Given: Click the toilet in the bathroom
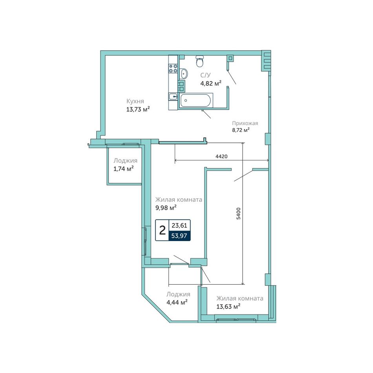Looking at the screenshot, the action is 200,61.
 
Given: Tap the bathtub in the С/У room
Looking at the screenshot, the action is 195,101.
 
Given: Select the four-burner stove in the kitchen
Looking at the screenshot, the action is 173,68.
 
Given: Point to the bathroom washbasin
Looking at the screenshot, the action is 183,73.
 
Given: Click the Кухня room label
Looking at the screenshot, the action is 135,101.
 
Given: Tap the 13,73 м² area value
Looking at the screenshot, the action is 138,110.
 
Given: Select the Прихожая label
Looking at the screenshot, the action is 245,123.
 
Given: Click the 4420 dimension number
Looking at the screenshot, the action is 221,156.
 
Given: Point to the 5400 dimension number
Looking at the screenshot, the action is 239,213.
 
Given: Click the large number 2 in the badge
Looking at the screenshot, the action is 162,230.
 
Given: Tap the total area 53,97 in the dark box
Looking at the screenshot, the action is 179,236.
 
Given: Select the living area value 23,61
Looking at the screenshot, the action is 179,225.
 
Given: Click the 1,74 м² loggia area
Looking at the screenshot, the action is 123,169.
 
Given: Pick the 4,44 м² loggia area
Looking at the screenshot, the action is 177,303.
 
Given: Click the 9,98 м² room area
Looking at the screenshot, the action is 166,208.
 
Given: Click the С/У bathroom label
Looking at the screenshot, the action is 205,75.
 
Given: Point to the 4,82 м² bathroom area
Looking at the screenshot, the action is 211,84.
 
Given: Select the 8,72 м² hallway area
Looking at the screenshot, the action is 241,130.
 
